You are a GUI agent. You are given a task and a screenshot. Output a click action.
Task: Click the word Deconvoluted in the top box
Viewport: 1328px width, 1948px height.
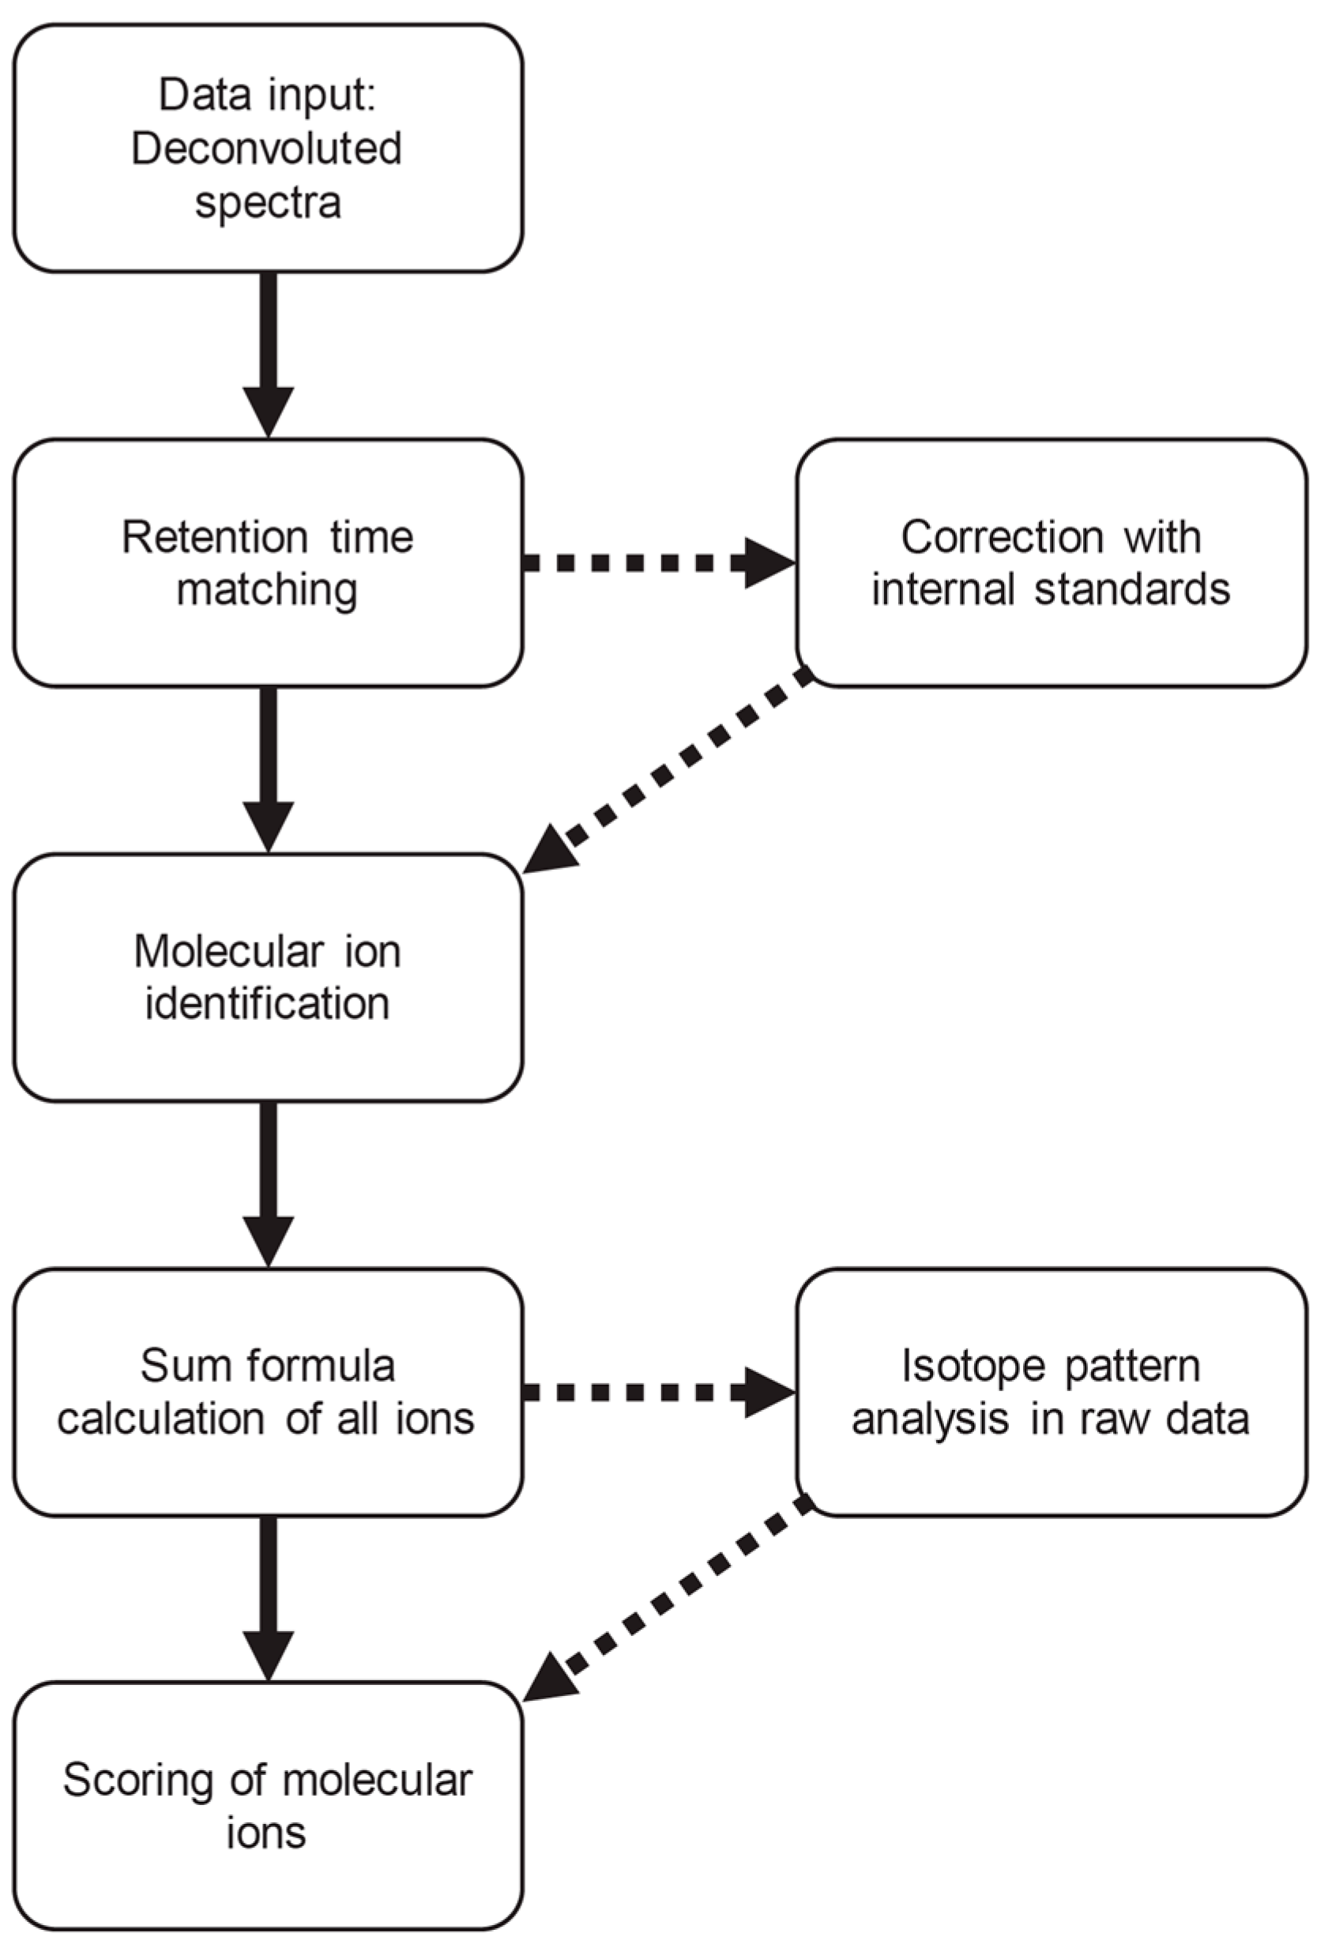(x=266, y=149)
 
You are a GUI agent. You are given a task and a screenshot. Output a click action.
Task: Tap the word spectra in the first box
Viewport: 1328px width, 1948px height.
(x=269, y=203)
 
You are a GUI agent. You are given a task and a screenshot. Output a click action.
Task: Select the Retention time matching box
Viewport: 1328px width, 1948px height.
(x=268, y=562)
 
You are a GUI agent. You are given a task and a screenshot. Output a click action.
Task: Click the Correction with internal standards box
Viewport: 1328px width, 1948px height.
(x=1051, y=562)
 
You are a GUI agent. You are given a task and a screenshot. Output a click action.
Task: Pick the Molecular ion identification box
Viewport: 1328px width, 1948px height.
(x=268, y=977)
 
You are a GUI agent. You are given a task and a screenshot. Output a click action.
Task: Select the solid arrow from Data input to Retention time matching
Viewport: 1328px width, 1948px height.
(x=269, y=352)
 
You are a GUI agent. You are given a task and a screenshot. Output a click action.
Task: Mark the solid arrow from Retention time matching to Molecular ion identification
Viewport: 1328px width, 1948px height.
(x=269, y=767)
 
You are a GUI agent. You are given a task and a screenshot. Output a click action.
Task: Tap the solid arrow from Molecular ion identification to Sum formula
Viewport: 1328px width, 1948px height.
(x=269, y=1182)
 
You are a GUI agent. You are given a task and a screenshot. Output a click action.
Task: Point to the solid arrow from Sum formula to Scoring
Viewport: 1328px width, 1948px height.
(x=269, y=1596)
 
